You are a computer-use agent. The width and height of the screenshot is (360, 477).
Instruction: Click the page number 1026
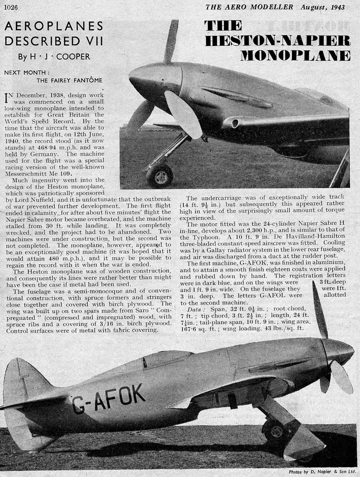tap(11, 7)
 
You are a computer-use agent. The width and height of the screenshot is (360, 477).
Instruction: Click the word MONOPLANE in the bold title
tap(296, 55)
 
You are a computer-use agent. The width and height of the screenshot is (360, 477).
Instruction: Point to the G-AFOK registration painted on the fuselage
tap(109, 398)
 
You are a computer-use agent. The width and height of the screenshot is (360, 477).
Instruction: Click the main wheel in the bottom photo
tap(273, 430)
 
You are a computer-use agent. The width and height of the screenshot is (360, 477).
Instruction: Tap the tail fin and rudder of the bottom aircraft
tap(27, 389)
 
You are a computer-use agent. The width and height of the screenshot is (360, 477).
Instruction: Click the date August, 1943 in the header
tap(322, 7)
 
